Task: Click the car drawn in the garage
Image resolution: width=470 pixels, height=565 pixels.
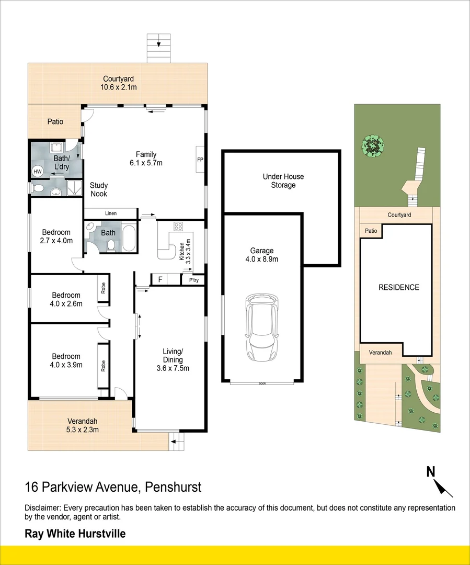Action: tap(262, 327)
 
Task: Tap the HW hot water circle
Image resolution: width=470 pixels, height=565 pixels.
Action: tap(38, 172)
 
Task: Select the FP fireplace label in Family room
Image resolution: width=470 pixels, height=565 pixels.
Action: tap(200, 159)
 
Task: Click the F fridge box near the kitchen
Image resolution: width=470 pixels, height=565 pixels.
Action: tap(161, 279)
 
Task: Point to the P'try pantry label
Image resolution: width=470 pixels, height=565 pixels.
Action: tap(194, 280)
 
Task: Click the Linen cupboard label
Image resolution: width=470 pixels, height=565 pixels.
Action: tap(110, 213)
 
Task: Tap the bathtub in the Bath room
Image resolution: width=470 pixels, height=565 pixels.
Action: tap(129, 239)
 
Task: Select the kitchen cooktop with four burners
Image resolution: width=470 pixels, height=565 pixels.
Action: tap(178, 227)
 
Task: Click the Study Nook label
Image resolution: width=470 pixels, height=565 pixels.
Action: tap(99, 189)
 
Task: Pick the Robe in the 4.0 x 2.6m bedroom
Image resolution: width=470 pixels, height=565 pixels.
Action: tap(104, 288)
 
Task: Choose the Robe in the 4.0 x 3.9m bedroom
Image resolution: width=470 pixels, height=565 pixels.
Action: tap(104, 366)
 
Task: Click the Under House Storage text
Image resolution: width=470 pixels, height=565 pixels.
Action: tap(283, 181)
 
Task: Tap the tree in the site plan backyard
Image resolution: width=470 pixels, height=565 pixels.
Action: tap(372, 146)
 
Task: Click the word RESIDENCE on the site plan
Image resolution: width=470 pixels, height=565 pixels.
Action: tap(399, 287)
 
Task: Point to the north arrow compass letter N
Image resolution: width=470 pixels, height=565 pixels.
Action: tap(431, 471)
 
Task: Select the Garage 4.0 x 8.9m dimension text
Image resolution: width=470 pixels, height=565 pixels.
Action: tap(262, 255)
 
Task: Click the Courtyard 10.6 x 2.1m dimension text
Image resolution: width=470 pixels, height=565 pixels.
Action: tap(119, 83)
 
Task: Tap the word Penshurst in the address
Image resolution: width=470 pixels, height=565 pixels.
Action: tap(173, 487)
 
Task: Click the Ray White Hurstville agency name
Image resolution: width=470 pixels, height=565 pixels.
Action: tap(75, 534)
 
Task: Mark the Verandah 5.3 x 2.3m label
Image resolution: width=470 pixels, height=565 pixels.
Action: tap(83, 425)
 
